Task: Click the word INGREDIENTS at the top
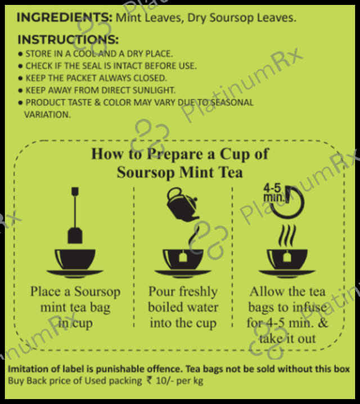tap(65, 18)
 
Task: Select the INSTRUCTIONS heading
tap(68, 40)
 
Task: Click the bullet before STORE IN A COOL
tap(21, 54)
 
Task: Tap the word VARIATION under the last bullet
tap(47, 115)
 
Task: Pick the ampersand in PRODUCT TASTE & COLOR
tap(97, 102)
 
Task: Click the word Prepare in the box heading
tap(175, 155)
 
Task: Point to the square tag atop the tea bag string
tap(75, 192)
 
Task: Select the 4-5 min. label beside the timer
tap(273, 193)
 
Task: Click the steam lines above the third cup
tap(287, 236)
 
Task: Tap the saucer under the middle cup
tap(183, 274)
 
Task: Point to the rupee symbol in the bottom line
tap(149, 380)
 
